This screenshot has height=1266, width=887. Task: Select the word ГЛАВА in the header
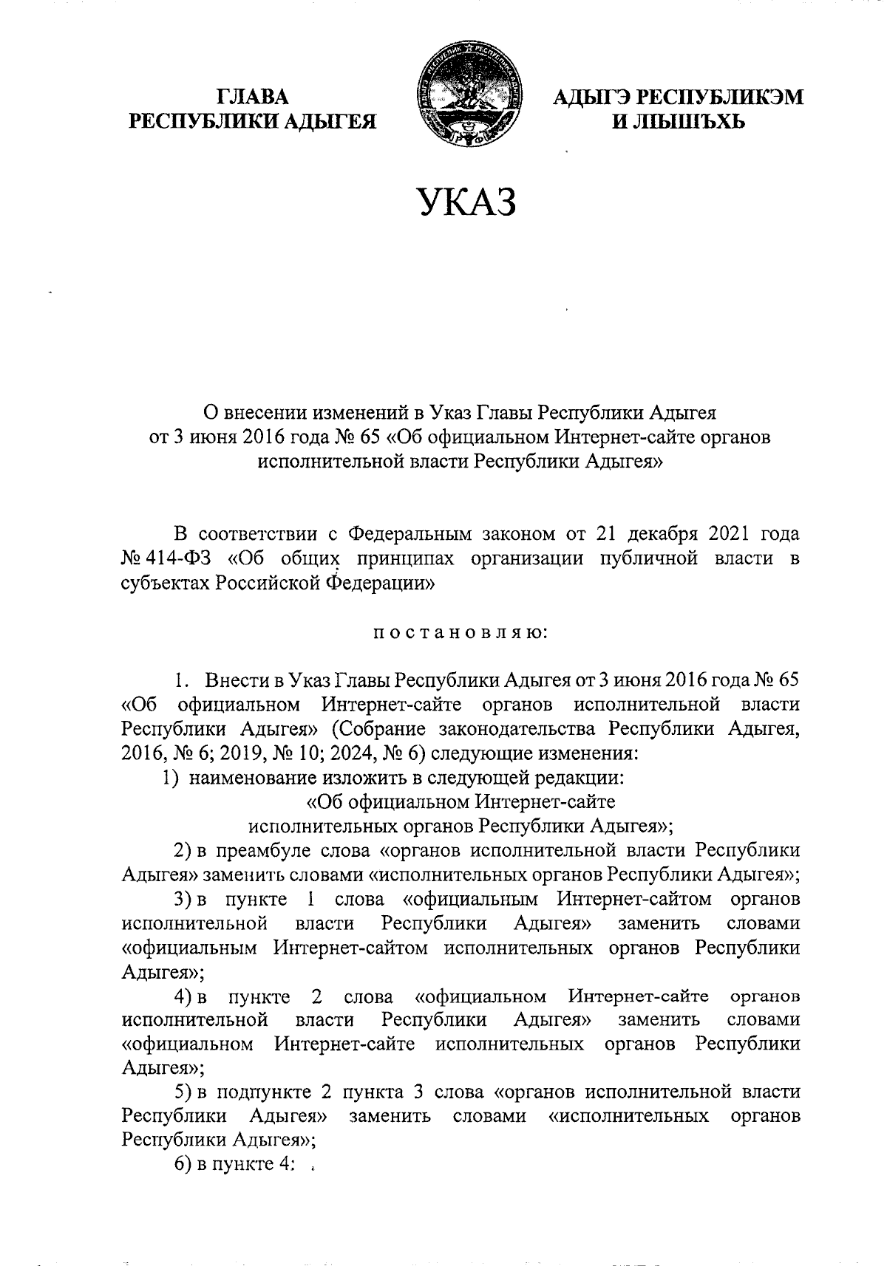pos(252,97)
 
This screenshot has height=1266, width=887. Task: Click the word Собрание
pos(379,729)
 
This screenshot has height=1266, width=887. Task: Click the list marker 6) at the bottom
pos(182,1165)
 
